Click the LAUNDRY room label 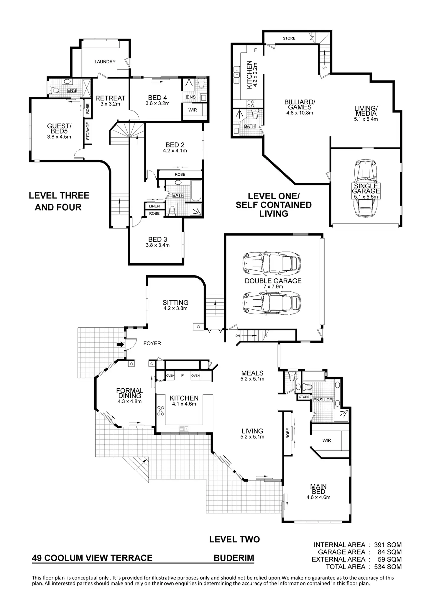105,62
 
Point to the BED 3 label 157,239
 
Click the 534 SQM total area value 388,567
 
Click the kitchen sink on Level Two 184,428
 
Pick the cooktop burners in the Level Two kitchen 161,411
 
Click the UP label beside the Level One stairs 324,68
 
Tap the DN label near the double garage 238,336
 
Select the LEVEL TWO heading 234,539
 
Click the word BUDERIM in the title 234,558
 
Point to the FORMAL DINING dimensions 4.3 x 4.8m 130,401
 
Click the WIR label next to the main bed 326,440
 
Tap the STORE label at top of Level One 289,38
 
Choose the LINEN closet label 154,206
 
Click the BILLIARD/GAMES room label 300,105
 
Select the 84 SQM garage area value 389,552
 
